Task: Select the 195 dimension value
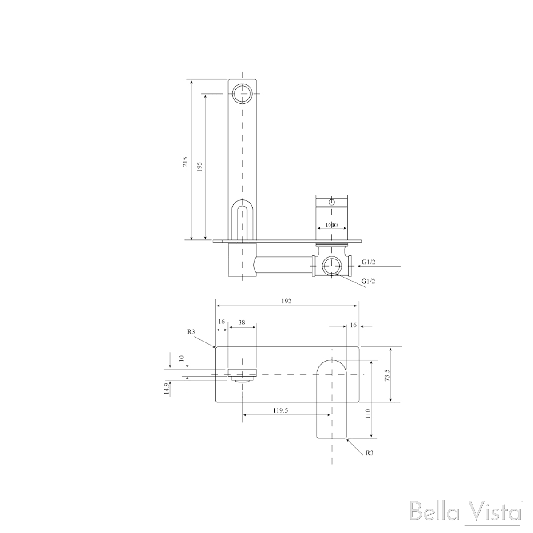(199, 167)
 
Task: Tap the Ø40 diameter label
(332, 225)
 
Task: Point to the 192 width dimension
(286, 301)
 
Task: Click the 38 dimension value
(242, 323)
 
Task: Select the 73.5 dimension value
(387, 374)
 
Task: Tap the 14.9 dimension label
(167, 388)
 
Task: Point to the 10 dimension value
(182, 359)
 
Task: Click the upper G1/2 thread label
(369, 262)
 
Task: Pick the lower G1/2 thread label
(369, 281)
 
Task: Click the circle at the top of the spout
(242, 93)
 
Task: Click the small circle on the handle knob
(331, 203)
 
